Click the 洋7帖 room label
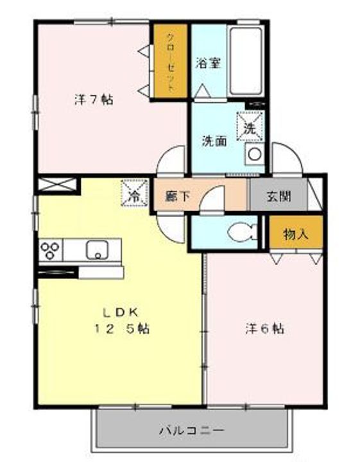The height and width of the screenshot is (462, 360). click(x=94, y=99)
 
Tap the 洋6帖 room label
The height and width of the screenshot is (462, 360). click(x=264, y=329)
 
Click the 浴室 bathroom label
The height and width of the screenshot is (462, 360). click(x=209, y=64)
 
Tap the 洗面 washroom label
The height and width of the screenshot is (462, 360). click(x=214, y=141)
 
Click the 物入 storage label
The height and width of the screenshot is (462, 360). click(x=296, y=234)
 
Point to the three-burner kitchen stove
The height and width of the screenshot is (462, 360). click(x=51, y=250)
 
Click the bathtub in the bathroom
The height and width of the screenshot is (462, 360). click(x=246, y=62)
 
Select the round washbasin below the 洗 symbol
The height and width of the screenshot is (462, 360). click(x=255, y=155)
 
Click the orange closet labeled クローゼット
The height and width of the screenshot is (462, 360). click(x=170, y=61)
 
